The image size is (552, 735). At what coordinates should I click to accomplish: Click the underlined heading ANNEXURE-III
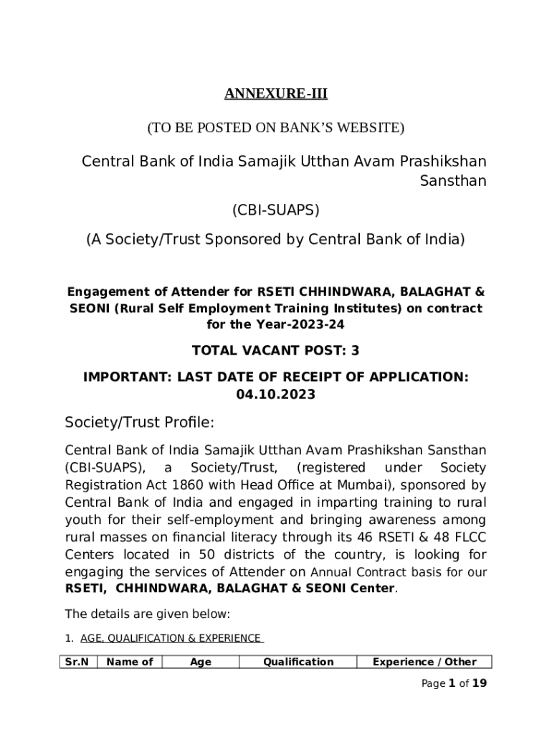(x=276, y=94)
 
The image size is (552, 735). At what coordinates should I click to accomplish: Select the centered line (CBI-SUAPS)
(x=276, y=210)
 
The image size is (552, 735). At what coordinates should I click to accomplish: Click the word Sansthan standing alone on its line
(x=452, y=181)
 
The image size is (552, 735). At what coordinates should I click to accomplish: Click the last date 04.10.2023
(x=276, y=394)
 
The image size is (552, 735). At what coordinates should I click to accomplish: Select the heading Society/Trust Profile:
(x=139, y=423)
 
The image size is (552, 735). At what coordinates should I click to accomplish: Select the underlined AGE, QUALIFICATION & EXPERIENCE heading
(x=171, y=638)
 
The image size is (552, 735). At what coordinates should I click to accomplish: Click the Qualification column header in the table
(x=298, y=663)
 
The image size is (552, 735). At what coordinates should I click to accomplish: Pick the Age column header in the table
(x=200, y=663)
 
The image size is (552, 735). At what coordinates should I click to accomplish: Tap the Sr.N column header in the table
(x=77, y=663)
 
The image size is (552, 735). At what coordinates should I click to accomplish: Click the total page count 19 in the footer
(x=480, y=683)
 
